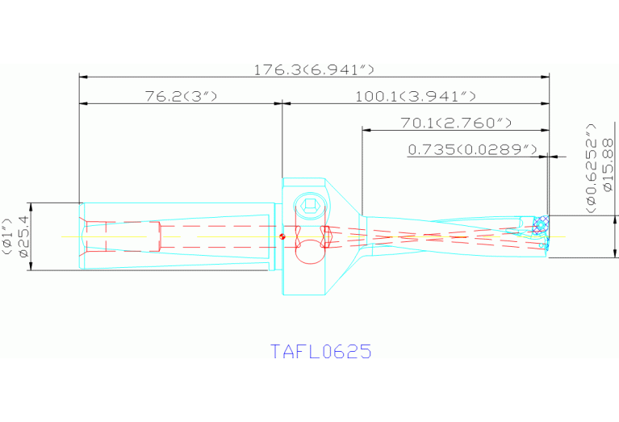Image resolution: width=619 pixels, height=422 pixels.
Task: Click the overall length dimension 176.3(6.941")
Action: click(314, 69)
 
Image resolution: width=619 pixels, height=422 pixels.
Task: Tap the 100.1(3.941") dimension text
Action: click(415, 96)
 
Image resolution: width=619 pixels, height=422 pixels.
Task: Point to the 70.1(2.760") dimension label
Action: click(456, 123)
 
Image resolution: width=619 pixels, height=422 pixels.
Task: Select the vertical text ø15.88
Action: click(608, 177)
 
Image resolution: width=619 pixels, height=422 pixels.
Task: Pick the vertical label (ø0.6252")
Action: click(591, 169)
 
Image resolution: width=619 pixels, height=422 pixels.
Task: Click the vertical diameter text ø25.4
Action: click(23, 236)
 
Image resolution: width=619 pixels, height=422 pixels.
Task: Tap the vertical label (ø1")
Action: click(7, 236)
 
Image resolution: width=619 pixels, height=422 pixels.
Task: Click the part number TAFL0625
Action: click(320, 352)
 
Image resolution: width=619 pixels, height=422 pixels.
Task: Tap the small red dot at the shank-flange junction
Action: click(281, 236)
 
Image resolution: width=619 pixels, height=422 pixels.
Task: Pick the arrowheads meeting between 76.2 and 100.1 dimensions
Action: click(281, 103)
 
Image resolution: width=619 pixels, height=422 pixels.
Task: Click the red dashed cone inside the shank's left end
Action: click(95, 236)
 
